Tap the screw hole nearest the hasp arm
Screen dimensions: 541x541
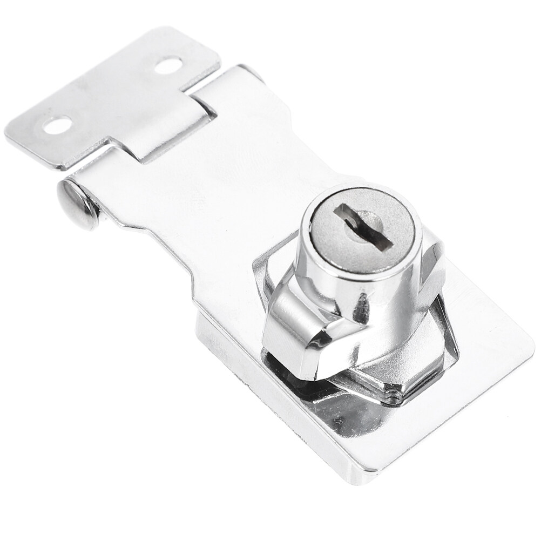[168, 65]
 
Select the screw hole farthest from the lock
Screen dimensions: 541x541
[57, 125]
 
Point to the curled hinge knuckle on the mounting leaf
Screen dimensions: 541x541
[162, 124]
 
